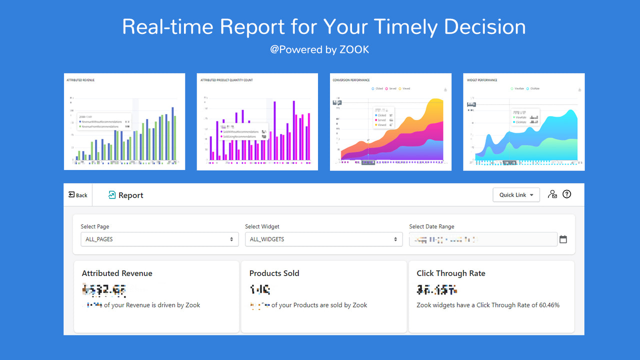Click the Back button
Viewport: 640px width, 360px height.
coord(78,195)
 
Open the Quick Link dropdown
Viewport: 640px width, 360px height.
coord(516,195)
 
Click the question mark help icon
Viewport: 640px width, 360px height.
coord(566,194)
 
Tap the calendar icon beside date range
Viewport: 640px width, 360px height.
coord(563,239)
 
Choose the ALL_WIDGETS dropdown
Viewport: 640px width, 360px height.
coord(323,239)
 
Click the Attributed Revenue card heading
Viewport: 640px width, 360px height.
coord(117,273)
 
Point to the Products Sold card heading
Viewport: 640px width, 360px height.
coord(274,273)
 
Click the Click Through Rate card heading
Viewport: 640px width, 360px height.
coord(451,273)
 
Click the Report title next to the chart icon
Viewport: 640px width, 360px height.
coord(131,195)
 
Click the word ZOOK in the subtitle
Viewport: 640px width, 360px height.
coord(355,49)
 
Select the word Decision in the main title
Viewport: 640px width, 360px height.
coord(484,26)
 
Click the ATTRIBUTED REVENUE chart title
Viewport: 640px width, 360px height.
coord(80,80)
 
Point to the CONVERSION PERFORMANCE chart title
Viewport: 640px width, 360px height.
coord(351,80)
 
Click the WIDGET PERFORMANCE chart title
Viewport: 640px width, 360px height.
coord(482,80)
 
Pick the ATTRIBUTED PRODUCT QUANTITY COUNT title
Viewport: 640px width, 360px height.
coord(226,80)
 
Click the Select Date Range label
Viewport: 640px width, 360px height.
coord(431,226)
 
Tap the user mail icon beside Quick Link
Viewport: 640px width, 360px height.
coord(552,194)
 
